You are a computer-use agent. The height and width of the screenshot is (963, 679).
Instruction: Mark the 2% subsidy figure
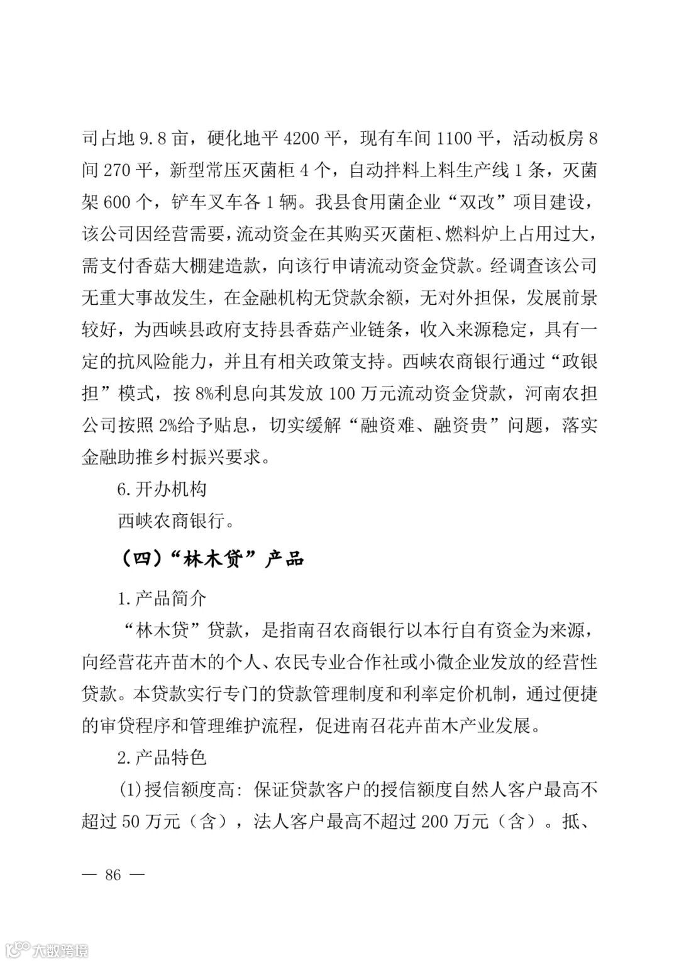pyautogui.click(x=167, y=426)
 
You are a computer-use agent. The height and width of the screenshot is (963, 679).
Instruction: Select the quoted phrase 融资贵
pyautogui.click(x=461, y=426)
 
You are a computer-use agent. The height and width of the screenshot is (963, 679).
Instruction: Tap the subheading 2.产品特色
pyautogui.click(x=162, y=757)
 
